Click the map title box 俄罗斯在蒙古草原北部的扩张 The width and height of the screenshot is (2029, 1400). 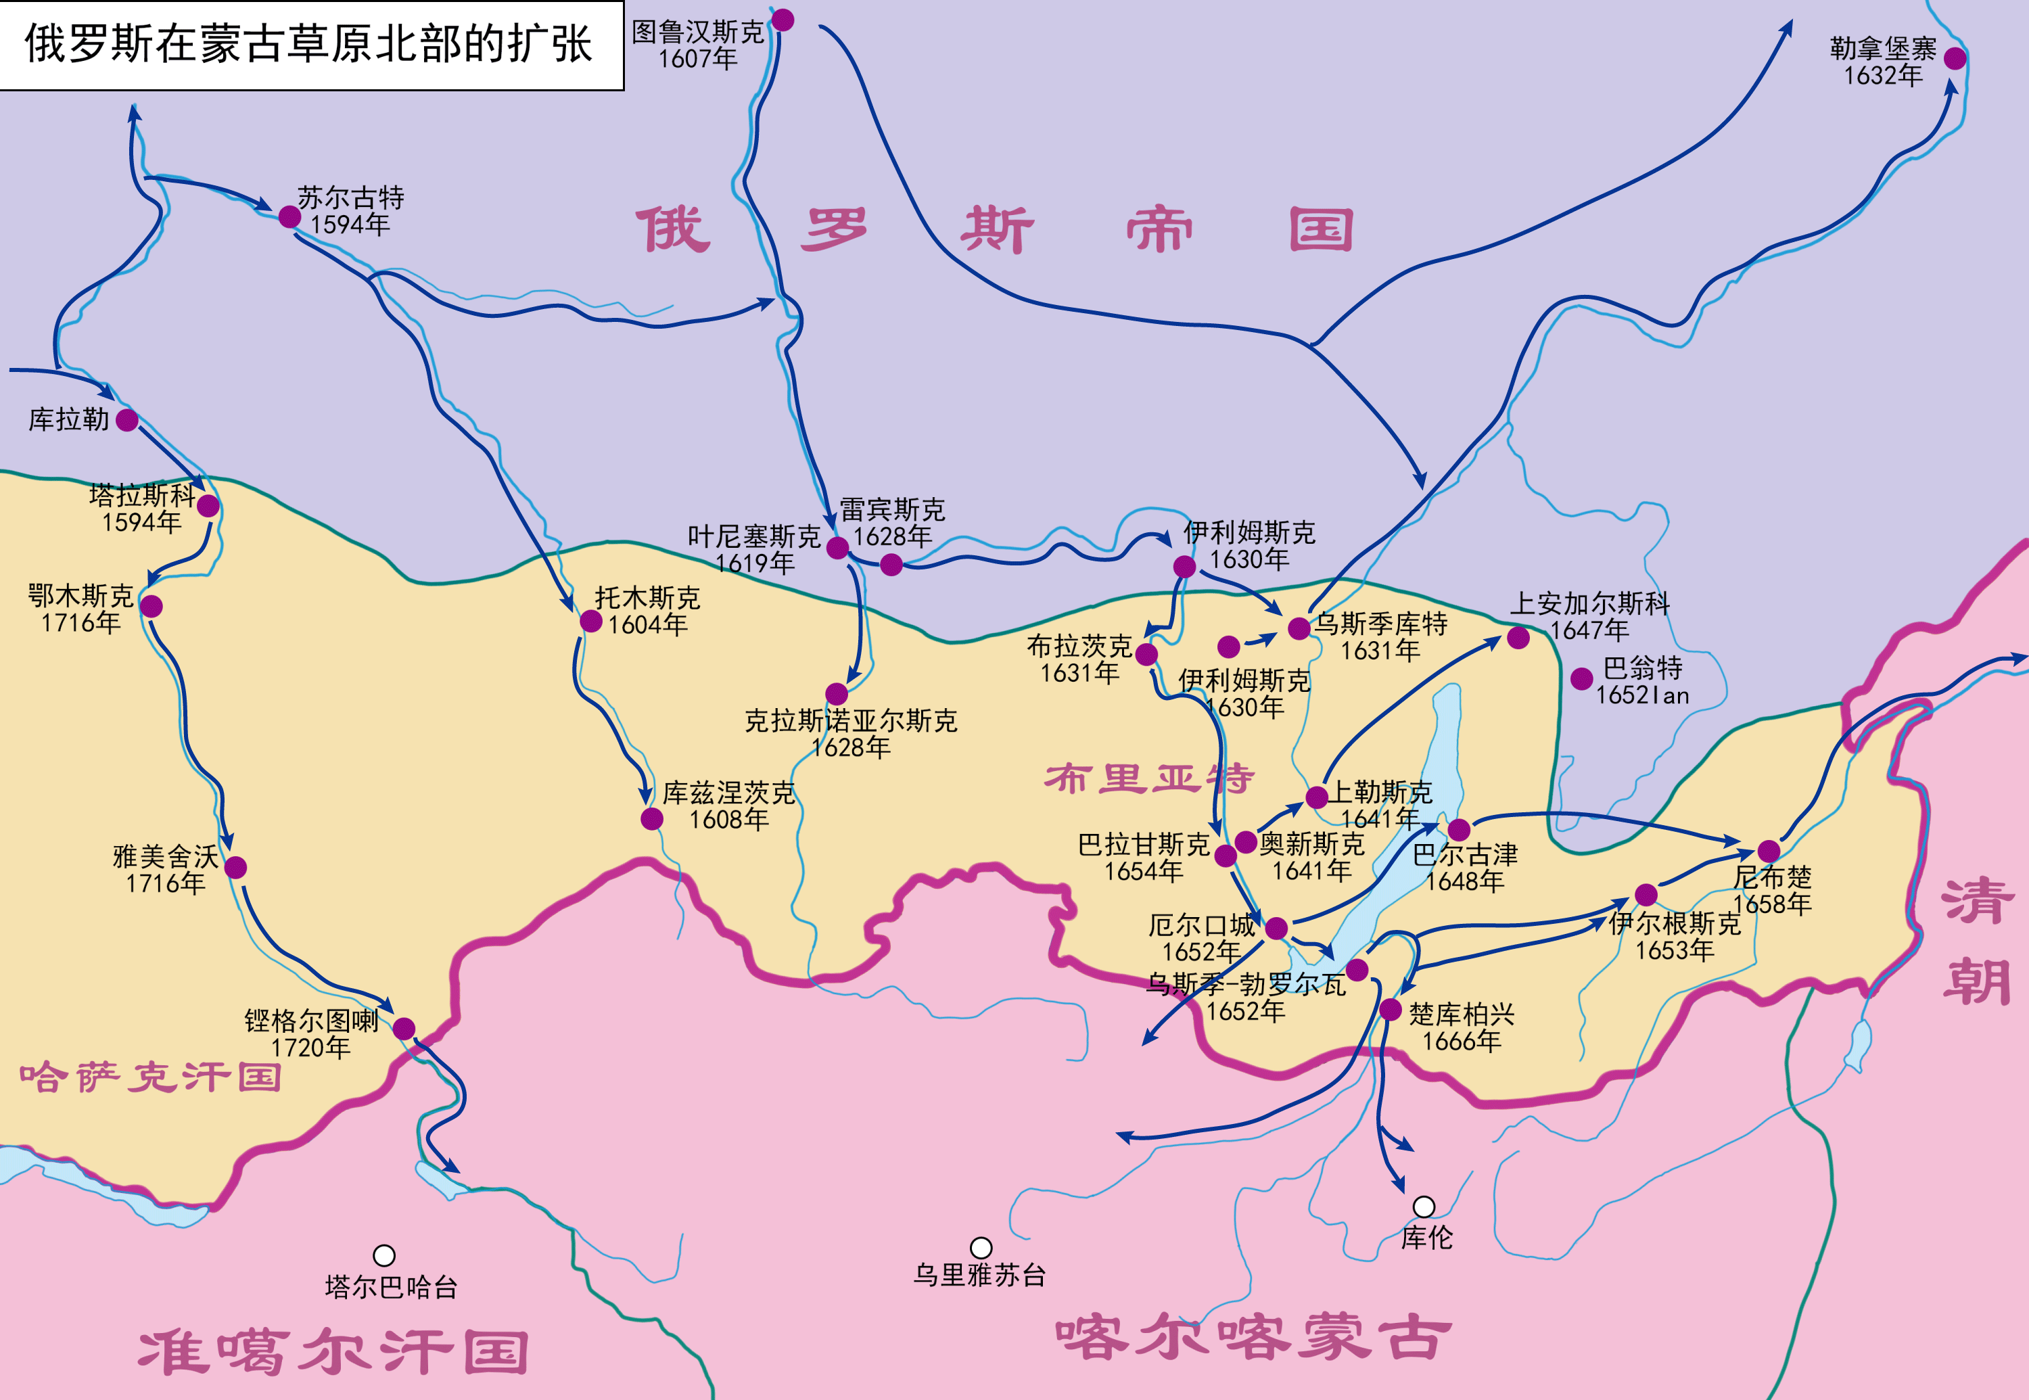click(x=310, y=44)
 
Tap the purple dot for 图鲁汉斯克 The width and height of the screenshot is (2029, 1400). click(x=783, y=20)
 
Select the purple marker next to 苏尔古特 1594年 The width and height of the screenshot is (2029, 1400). click(x=289, y=216)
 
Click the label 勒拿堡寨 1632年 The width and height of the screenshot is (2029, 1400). click(x=1882, y=62)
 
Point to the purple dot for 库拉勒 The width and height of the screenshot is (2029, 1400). click(x=127, y=420)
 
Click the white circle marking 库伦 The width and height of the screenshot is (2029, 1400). click(x=1424, y=1207)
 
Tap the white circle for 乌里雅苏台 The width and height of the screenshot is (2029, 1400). click(x=981, y=1247)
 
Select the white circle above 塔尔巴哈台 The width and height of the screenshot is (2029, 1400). click(x=383, y=1256)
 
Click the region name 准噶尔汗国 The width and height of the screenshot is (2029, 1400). click(x=333, y=1352)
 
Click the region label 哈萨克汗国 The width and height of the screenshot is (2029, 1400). click(x=150, y=1077)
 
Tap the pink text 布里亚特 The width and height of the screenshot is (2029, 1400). click(x=1148, y=778)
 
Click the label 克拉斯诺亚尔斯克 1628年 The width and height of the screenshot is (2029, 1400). click(x=850, y=733)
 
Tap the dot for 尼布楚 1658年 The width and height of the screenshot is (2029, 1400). click(x=1769, y=851)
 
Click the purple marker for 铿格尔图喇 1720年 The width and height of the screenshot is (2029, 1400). click(x=404, y=1029)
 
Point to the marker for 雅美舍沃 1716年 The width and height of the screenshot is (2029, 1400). click(x=235, y=868)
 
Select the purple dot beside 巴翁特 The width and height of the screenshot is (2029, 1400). click(x=1582, y=678)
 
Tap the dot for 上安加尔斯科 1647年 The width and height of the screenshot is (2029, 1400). click(x=1518, y=638)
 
